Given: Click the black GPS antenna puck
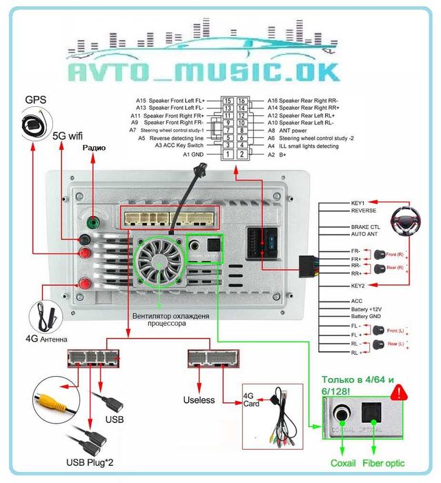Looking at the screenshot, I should coord(32,126).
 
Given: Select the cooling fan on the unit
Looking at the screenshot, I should coord(161,261).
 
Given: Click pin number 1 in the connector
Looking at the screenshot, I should coord(227,155).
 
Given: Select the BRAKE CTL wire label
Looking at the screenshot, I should coord(366,226).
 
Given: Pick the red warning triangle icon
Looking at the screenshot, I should coord(398,393).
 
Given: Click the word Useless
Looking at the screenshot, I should coord(199,400).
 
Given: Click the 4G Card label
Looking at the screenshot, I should coord(251,400).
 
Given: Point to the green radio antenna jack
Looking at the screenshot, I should coord(91,224).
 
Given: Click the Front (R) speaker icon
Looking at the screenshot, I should coord(380,255).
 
